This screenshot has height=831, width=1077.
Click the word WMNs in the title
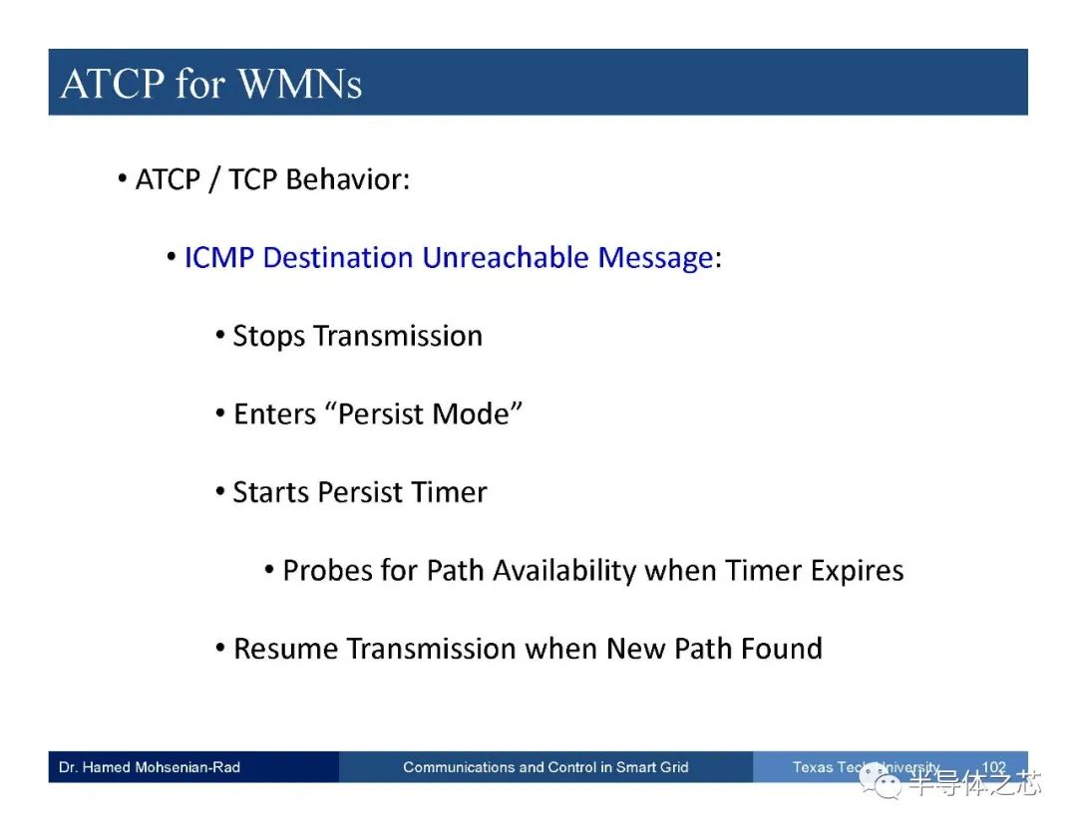[300, 85]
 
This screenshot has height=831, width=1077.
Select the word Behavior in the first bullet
[348, 179]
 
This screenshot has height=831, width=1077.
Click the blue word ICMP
[219, 258]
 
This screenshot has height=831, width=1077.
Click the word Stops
[268, 337]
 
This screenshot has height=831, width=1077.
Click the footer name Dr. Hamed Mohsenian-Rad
[149, 767]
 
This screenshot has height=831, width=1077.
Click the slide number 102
[994, 767]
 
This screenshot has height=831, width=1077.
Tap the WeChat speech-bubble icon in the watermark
[881, 782]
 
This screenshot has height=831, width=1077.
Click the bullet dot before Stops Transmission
[219, 336]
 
